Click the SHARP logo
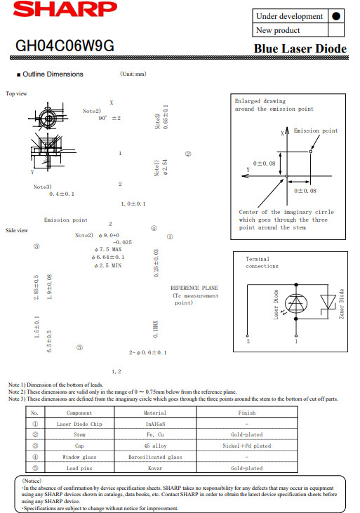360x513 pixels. [x=65, y=10]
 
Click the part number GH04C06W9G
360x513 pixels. [x=65, y=46]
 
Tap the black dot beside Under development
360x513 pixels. [x=335, y=16]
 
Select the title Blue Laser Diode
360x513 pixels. [x=300, y=48]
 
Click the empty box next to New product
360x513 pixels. [x=335, y=30]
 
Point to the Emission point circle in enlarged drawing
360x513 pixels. [x=311, y=152]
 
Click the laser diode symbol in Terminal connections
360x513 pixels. [x=296, y=304]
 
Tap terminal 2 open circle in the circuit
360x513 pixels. [x=248, y=335]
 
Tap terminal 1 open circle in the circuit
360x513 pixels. [x=296, y=335]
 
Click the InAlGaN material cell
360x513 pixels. [x=156, y=424]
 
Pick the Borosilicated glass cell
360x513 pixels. [x=156, y=457]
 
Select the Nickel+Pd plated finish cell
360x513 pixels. [x=247, y=446]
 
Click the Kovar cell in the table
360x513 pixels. [x=156, y=468]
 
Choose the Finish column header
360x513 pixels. [x=247, y=413]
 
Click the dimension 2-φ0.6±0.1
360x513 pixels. [x=147, y=352]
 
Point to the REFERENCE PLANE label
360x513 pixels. [x=194, y=288]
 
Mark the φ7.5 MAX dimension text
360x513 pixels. [x=108, y=249]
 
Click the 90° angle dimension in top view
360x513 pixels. [x=109, y=118]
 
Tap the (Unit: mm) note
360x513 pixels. [x=133, y=74]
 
